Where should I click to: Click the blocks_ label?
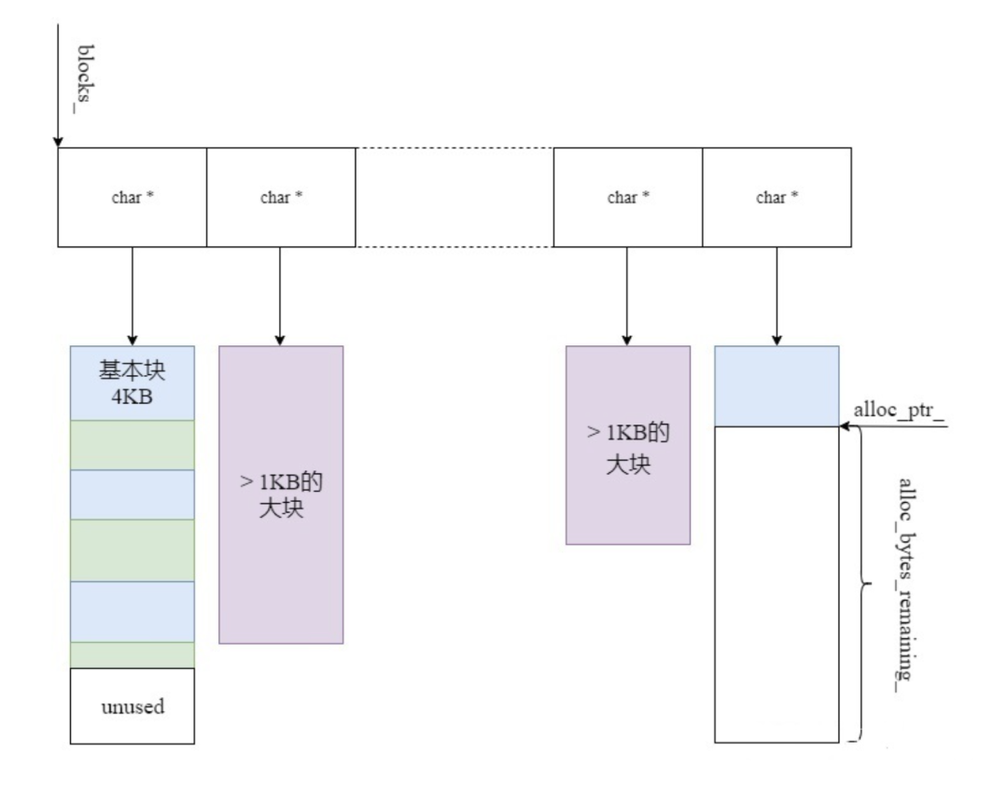pyautogui.click(x=85, y=78)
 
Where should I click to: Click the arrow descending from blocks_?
pyautogui.click(x=58, y=86)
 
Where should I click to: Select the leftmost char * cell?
pyautogui.click(x=133, y=197)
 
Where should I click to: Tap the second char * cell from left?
pyautogui.click(x=281, y=197)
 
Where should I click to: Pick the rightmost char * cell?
pyautogui.click(x=777, y=197)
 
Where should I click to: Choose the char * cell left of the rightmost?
pyautogui.click(x=628, y=197)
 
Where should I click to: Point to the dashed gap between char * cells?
pyautogui.click(x=455, y=197)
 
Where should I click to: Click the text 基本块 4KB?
pyautogui.click(x=132, y=384)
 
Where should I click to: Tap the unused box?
pyautogui.click(x=133, y=705)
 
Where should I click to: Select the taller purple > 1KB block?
pyautogui.click(x=281, y=495)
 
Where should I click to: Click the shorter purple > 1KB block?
pyautogui.click(x=628, y=445)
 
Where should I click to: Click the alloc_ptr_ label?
pyautogui.click(x=899, y=410)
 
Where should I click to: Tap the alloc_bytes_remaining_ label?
pyautogui.click(x=906, y=585)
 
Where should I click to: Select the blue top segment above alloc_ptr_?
pyautogui.click(x=777, y=385)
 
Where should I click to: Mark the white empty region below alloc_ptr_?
pyautogui.click(x=777, y=584)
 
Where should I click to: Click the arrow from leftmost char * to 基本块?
pyautogui.click(x=133, y=297)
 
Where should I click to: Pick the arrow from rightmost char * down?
pyautogui.click(x=777, y=297)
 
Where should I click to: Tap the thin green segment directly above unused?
pyautogui.click(x=133, y=655)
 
